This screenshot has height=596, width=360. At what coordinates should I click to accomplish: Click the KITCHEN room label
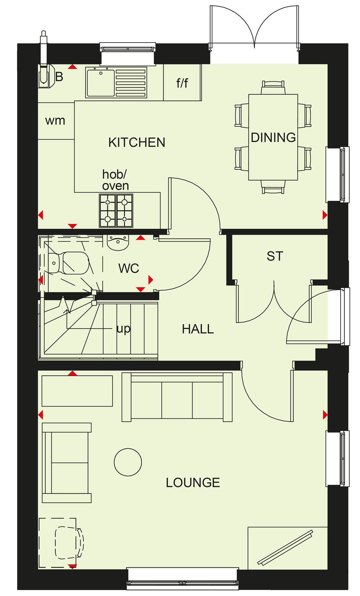(x=137, y=142)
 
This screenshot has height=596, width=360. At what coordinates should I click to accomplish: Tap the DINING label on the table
(x=273, y=137)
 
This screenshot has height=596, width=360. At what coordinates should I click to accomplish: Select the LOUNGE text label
(x=193, y=483)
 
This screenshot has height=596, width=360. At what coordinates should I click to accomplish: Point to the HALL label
(x=198, y=329)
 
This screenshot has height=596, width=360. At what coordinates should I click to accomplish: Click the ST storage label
(x=275, y=256)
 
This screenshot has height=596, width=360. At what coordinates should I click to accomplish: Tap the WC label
(x=129, y=268)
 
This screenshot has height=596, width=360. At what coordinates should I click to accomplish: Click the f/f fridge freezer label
(x=182, y=83)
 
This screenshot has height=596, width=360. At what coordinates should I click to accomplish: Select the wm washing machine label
(x=55, y=121)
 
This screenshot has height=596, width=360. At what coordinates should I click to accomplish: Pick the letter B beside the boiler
(x=59, y=77)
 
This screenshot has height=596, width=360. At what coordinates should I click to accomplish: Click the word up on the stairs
(x=123, y=329)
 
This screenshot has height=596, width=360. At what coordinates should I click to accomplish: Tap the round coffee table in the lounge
(x=128, y=462)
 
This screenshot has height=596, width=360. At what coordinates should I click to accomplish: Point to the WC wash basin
(x=118, y=242)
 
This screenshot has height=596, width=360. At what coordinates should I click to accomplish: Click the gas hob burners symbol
(x=116, y=211)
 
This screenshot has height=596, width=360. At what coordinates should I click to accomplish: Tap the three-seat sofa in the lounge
(x=177, y=397)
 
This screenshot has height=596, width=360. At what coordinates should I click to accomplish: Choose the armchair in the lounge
(x=67, y=463)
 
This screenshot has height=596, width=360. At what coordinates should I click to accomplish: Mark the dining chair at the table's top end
(x=273, y=88)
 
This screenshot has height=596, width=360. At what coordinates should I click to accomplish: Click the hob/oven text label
(x=115, y=180)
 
